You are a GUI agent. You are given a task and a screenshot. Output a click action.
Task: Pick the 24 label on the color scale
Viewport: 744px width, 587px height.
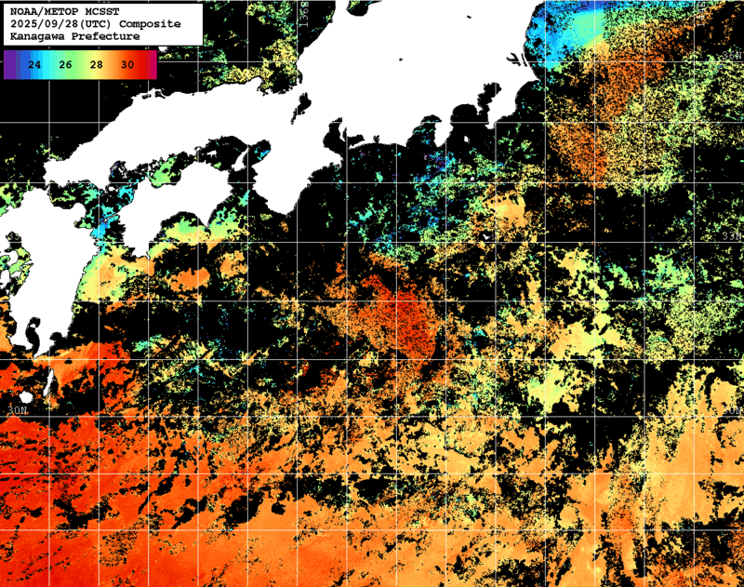34,64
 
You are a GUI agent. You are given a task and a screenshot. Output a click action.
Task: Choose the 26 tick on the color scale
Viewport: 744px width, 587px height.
65,64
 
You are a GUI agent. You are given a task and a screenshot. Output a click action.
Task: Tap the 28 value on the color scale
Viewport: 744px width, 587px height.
96,64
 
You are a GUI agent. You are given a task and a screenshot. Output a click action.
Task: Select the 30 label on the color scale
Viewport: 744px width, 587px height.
126,64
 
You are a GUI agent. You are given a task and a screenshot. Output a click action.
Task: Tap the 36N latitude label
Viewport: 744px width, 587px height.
732,56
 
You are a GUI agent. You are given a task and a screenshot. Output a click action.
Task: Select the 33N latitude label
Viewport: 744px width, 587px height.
732,236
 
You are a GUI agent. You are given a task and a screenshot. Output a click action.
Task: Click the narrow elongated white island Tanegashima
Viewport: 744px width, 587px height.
49,380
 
